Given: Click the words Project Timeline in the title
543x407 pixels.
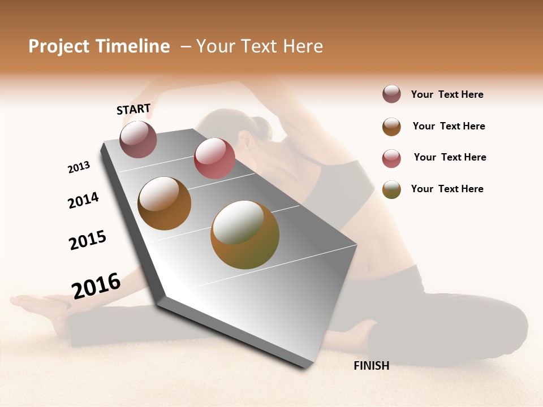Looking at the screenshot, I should (x=99, y=46).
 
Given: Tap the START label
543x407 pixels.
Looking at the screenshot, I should (x=133, y=109).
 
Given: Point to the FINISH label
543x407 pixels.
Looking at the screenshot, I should (x=371, y=366).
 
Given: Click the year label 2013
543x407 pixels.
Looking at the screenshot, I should (x=79, y=167).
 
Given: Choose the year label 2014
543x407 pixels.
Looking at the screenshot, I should (x=83, y=200).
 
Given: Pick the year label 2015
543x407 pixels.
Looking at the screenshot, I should (x=88, y=240).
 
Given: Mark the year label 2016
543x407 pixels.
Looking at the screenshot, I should (x=96, y=285).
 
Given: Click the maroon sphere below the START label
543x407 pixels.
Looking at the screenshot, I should (x=139, y=139).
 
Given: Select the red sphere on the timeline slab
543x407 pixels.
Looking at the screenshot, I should (x=214, y=158).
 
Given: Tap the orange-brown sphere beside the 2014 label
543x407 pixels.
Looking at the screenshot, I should (x=164, y=203).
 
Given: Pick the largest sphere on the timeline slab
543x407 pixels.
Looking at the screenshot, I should (x=245, y=235).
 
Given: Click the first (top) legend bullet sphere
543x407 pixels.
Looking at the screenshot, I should (x=391, y=94).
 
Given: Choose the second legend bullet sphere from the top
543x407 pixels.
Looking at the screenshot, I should (x=391, y=127).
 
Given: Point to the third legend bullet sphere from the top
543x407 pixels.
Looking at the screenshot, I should (x=391, y=158).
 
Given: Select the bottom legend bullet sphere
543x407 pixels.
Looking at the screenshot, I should (x=391, y=189).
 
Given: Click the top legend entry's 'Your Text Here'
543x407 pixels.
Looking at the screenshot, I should (x=447, y=94).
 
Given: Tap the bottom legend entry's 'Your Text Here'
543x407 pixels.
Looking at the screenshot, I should (x=447, y=189).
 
